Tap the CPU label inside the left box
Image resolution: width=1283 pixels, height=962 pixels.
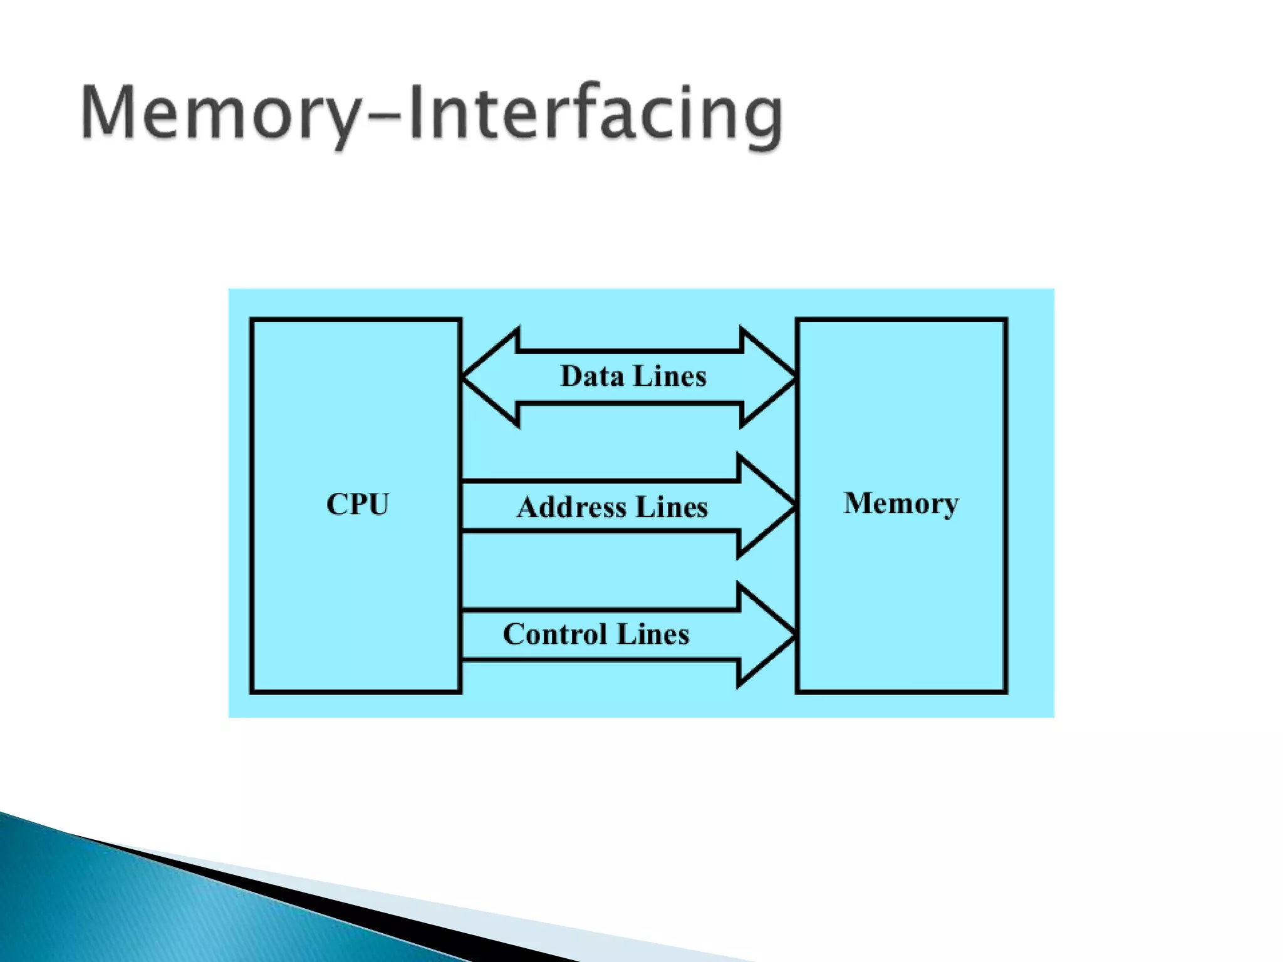coord(358,504)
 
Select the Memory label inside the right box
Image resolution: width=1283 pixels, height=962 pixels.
coord(901,503)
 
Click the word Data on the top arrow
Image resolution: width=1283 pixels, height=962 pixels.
coord(592,376)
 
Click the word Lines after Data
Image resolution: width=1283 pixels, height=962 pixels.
coord(670,376)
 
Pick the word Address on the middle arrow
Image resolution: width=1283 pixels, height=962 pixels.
coord(571,507)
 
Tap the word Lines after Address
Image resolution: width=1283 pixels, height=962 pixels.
coord(672,507)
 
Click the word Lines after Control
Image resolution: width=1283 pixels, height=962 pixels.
coord(653,634)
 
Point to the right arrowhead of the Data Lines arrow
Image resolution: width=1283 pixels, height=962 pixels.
coord(768,378)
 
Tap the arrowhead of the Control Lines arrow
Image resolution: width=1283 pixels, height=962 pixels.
coord(766,635)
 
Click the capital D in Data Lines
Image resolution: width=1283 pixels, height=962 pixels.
coord(571,376)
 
